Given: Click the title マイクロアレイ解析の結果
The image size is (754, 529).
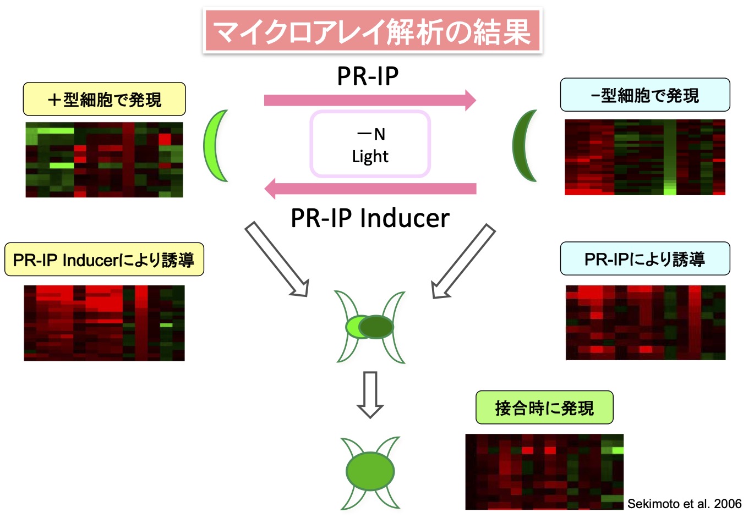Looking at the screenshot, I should pos(372,31).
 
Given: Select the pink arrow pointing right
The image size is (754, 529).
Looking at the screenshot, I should pos(369,100).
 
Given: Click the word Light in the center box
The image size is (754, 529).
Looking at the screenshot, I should pos(370,157).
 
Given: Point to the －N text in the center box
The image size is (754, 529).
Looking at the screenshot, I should pos(371,134).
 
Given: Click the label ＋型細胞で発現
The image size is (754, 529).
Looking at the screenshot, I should pos(104,100).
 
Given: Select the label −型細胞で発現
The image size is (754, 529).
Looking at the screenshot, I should pos(644,95).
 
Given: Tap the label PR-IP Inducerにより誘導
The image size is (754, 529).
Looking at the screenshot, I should pos(104,260).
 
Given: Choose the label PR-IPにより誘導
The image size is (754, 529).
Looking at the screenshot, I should pos(644,259).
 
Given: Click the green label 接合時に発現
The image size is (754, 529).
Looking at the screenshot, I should pos(544,408).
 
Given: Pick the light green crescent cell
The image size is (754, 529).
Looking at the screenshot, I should pos(215,146).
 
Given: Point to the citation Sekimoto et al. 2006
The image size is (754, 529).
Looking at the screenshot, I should pos(684,504).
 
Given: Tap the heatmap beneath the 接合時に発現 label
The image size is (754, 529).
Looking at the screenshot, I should pos(544,472).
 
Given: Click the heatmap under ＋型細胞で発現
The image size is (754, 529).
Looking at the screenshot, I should pos(104,160).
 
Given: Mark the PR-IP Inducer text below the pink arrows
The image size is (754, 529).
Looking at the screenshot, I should pos(370,218).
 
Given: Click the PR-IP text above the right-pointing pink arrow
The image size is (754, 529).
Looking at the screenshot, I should pos(368,76).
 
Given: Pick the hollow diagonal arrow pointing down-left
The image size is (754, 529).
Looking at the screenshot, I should pos(463,261).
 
